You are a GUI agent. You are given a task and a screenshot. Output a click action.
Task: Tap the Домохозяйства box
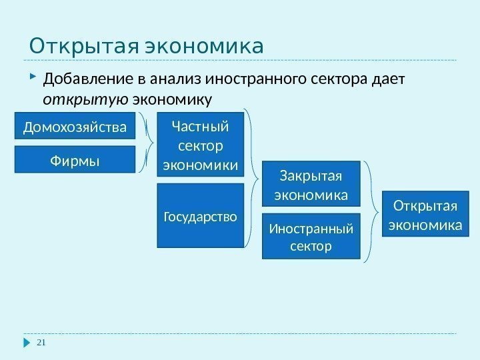(x=75, y=127)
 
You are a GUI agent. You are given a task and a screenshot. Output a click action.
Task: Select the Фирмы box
(x=75, y=160)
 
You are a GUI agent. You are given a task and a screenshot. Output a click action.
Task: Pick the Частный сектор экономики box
(x=200, y=145)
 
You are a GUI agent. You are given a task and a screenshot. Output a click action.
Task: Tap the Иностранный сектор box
(x=311, y=237)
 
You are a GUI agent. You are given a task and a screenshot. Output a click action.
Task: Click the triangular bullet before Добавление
(x=34, y=80)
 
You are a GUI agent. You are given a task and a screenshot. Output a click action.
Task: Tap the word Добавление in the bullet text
(x=88, y=81)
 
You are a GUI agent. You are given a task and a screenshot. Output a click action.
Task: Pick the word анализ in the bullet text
(x=177, y=81)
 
